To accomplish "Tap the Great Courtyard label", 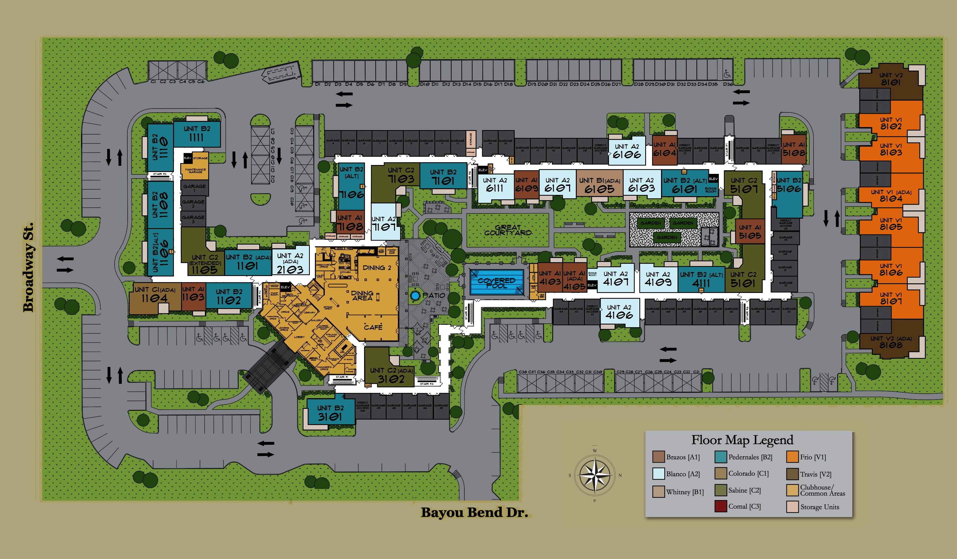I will tap(508, 230).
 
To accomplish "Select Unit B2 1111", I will tap(197, 134).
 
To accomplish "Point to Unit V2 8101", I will tap(891, 79).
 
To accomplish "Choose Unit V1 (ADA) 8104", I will tap(891, 195).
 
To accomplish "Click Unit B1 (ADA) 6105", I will tap(599, 185).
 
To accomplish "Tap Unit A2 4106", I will tap(619, 312).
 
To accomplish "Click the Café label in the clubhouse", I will tap(373, 327).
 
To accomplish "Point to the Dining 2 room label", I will tap(377, 268).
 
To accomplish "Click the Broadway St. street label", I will tap(29, 267).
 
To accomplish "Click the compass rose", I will tap(595, 475).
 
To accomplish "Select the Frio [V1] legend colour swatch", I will tap(792, 457).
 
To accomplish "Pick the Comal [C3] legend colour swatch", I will tap(721, 506).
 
